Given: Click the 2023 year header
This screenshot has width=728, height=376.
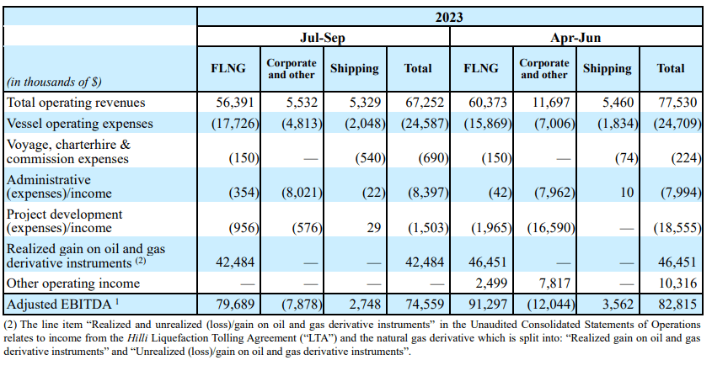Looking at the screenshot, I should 449,16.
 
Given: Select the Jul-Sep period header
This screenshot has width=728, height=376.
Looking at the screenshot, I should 323,38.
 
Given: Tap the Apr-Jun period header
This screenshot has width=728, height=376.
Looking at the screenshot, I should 576,38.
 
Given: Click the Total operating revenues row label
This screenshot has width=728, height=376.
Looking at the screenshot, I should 77,102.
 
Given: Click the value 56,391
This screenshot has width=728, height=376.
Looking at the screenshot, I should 233,102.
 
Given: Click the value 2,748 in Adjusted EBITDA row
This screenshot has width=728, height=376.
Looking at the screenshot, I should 361,302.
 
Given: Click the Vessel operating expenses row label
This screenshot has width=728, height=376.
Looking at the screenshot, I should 80,123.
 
